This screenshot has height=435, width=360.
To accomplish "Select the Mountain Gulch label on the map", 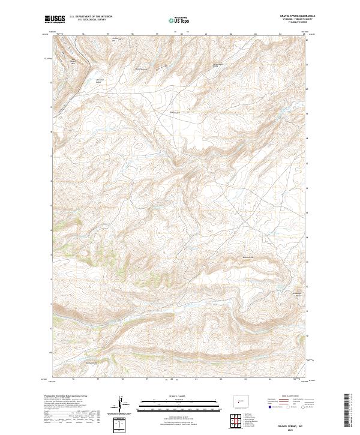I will coord(101,80).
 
